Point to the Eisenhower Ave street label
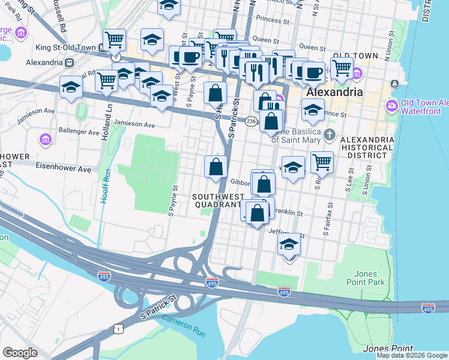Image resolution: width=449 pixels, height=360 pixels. pos(63,169)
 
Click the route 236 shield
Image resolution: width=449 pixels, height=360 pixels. pos(251,121)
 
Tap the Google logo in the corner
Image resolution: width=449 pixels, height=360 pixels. pos(20,353)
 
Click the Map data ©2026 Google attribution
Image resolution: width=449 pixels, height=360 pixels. pos(412,355)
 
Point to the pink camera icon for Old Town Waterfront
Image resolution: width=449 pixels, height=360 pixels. pos(392,106)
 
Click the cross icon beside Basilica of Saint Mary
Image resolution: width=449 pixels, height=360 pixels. pos(329,134)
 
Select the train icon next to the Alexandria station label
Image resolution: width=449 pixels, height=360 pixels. pos(70,62)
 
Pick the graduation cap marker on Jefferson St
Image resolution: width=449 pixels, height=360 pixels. pos(289,245)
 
